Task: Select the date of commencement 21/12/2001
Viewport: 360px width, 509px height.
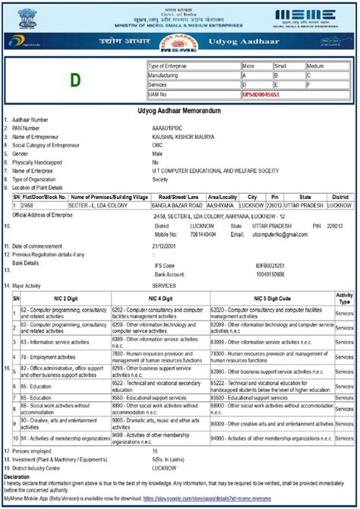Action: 167,246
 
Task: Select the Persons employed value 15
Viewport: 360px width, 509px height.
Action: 156,451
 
